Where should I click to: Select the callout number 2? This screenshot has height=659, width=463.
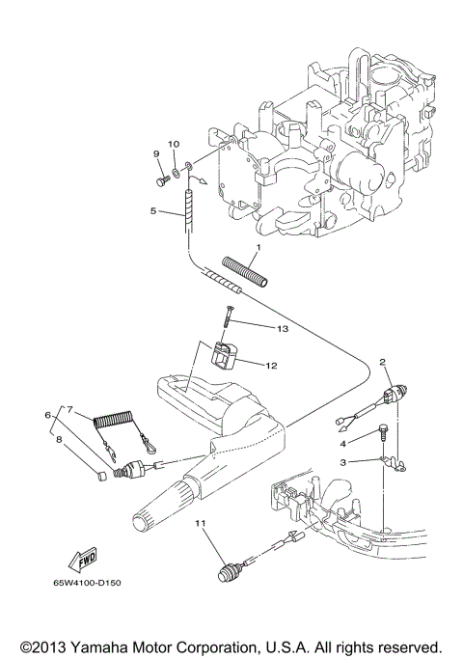click(383, 362)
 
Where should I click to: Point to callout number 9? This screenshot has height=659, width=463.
click(155, 153)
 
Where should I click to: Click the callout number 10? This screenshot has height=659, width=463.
click(174, 144)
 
